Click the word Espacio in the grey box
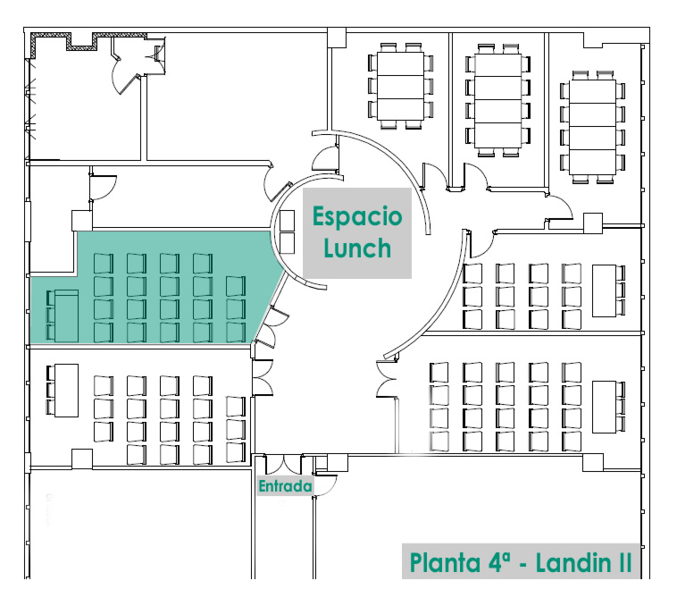pyautogui.click(x=356, y=217)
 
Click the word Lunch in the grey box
pyautogui.click(x=356, y=247)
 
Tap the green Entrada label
pyautogui.click(x=285, y=486)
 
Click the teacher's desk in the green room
pyautogui.click(x=65, y=315)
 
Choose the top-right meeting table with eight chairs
pyautogui.click(x=589, y=125)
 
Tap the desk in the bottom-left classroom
pyautogui.click(x=65, y=391)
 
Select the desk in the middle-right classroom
pyautogui.click(x=604, y=290)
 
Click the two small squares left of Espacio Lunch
pyautogui.click(x=287, y=231)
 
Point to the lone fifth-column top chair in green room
pyautogui.click(x=235, y=286)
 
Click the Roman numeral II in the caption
pyautogui.click(x=623, y=564)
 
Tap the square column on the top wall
pyautogui.click(x=336, y=36)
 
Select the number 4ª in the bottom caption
pyautogui.click(x=503, y=564)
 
